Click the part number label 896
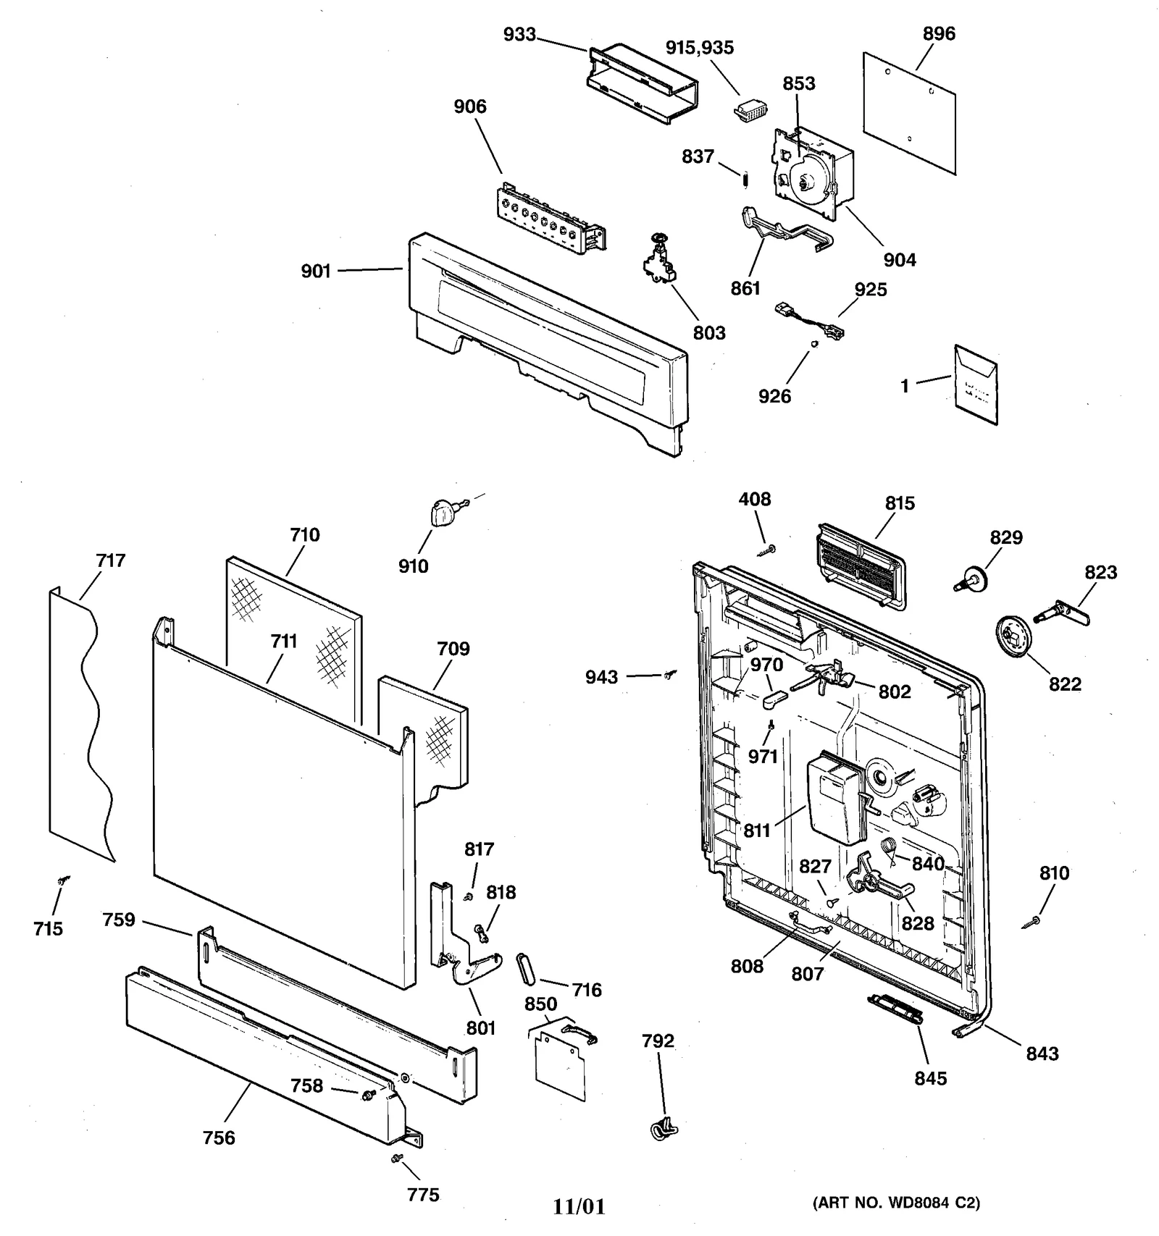(939, 33)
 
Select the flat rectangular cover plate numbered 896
(910, 112)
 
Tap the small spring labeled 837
(745, 177)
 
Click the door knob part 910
(439, 513)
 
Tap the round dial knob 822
(1018, 637)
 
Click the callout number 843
(1042, 1054)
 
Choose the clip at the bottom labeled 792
(661, 1127)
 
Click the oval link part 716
(525, 970)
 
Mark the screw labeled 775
(396, 1159)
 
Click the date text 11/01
(579, 1206)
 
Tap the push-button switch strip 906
(551, 219)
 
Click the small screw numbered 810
(1033, 922)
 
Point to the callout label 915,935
(700, 48)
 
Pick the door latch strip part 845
(895, 1009)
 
